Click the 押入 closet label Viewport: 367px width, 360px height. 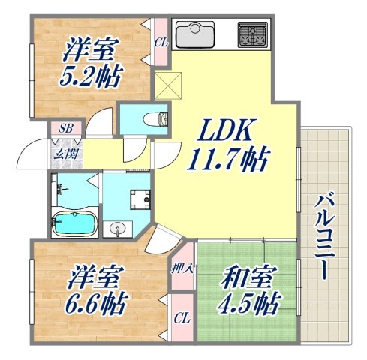click(181, 267)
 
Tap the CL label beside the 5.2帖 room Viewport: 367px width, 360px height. click(161, 43)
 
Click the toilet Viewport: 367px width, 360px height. click(149, 118)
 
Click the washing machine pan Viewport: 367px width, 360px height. click(138, 197)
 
